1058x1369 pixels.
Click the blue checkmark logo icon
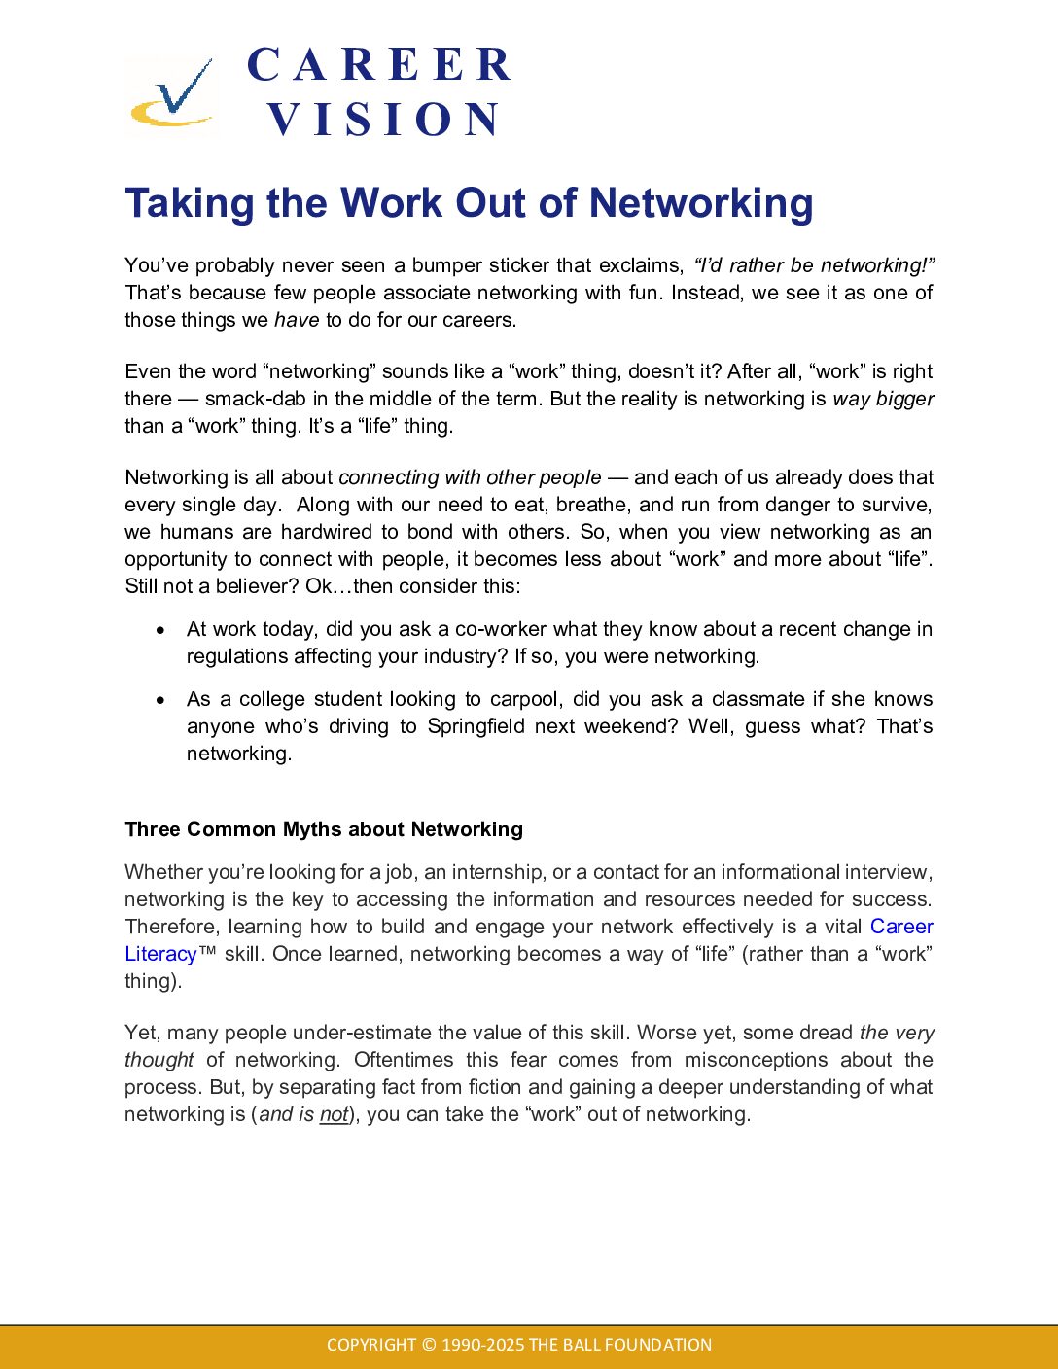point(173,94)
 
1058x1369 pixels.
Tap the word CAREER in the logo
point(379,65)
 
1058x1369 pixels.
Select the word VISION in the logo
point(384,120)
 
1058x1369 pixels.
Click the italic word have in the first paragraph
point(297,320)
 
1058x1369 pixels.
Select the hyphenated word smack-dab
point(255,399)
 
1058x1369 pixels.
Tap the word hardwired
point(327,532)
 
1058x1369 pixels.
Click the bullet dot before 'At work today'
point(161,630)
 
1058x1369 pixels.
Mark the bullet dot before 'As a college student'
point(161,700)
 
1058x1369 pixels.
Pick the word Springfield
point(476,726)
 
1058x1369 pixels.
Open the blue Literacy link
point(160,954)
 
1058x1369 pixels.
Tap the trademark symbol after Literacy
point(207,953)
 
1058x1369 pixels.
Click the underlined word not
point(334,1114)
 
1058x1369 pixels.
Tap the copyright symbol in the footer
point(429,1345)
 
